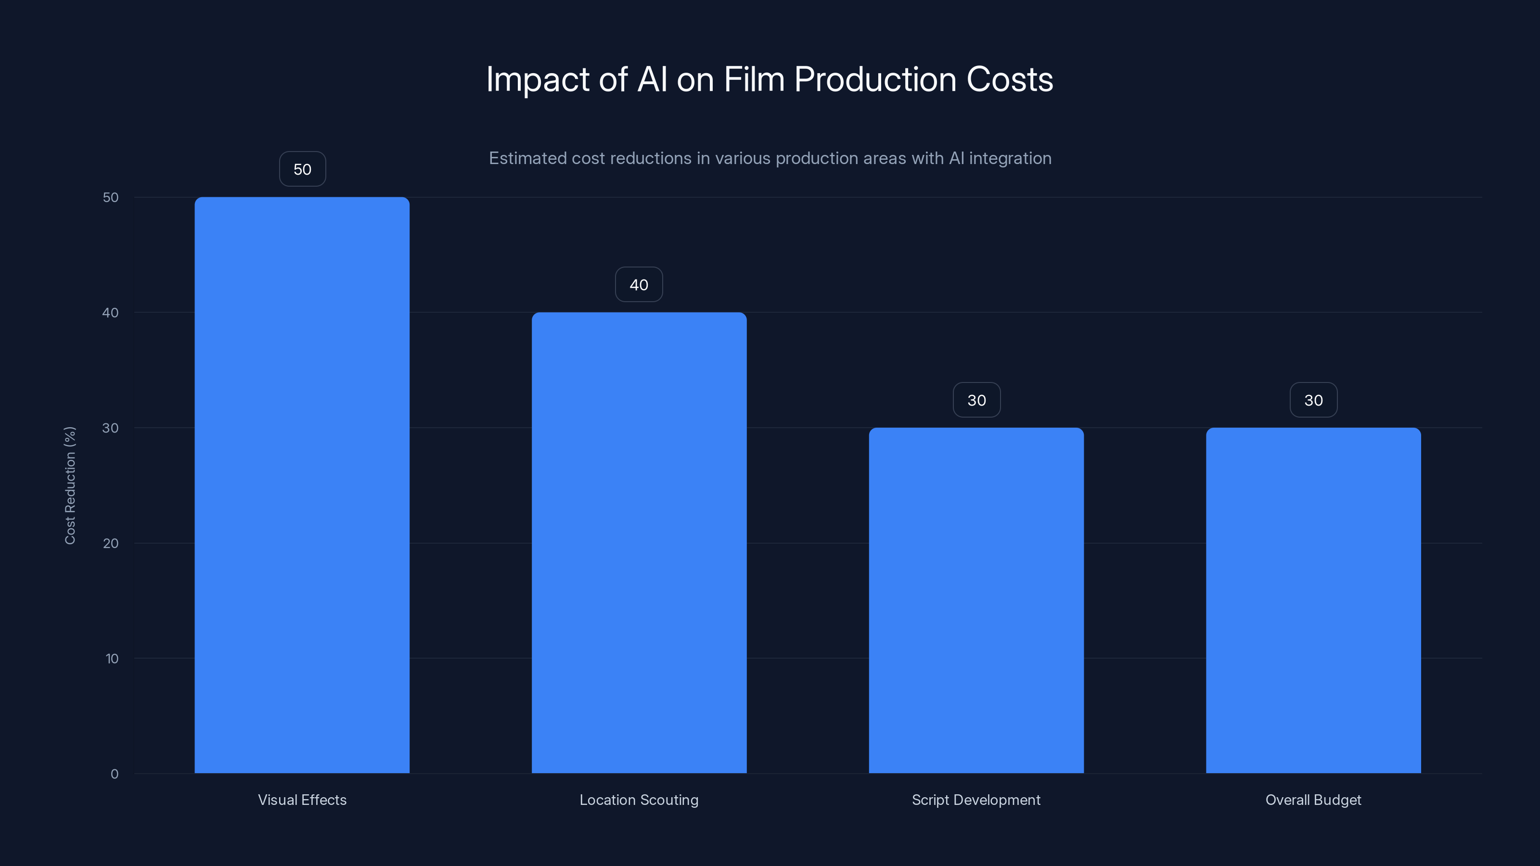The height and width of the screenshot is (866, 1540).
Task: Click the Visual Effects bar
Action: [302, 484]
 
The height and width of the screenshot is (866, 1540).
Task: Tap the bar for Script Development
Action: [976, 600]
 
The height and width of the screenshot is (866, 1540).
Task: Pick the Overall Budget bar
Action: [1313, 600]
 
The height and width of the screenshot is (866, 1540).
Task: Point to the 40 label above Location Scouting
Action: [639, 284]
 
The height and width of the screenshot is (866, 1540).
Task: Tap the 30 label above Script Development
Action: [976, 400]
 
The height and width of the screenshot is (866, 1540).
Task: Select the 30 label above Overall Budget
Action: [1313, 400]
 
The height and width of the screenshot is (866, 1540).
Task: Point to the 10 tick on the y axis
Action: [112, 659]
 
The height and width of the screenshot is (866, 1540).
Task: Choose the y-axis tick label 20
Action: [111, 543]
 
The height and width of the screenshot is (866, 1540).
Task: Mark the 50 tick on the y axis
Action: [111, 197]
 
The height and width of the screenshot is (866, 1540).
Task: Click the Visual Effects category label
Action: [302, 800]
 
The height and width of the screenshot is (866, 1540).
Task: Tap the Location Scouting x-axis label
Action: [639, 800]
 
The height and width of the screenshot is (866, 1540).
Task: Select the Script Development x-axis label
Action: [976, 800]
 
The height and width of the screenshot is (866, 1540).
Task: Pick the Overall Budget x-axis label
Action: [1313, 800]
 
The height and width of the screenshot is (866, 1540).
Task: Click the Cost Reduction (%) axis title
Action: [70, 485]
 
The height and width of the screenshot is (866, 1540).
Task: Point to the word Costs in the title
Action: [1010, 79]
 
